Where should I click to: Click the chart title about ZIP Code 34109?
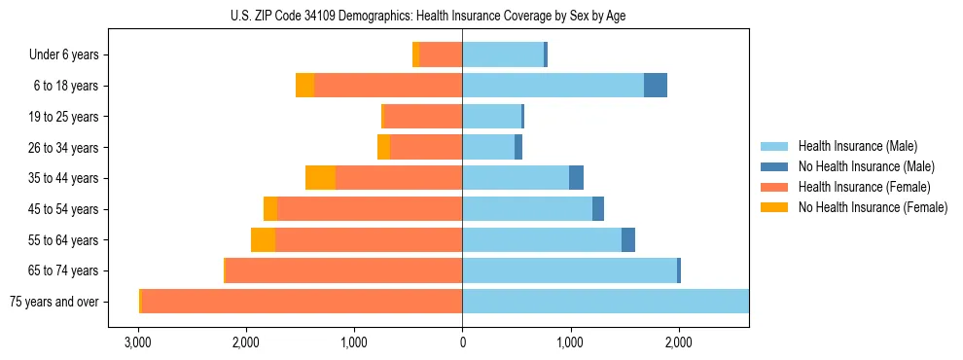(462, 16)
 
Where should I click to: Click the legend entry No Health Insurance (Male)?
(860, 166)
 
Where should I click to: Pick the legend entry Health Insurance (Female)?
(858, 187)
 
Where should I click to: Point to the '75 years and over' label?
(53, 302)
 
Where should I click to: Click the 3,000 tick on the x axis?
(138, 342)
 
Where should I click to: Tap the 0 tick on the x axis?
(462, 342)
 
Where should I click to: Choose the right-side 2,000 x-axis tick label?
(678, 342)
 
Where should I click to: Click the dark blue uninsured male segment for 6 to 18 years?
(656, 86)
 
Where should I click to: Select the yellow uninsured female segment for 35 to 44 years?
(320, 178)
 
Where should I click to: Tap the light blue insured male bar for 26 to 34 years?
(488, 147)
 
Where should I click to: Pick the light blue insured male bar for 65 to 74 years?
(569, 270)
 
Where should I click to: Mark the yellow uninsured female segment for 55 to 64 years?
(263, 239)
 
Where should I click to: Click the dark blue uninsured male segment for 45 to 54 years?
(598, 209)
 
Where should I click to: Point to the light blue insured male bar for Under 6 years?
(503, 54)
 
